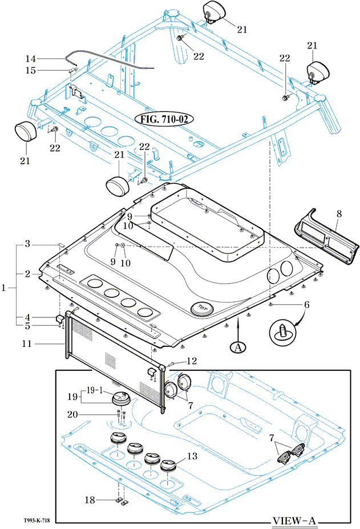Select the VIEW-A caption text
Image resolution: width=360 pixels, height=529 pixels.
[294, 520]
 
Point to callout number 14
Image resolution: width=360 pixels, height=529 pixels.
[30, 58]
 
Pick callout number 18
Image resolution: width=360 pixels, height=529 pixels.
[89, 500]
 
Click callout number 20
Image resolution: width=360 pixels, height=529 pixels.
[88, 415]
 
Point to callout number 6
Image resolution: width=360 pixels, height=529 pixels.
[306, 305]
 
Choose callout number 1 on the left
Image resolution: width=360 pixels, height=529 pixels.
[5, 288]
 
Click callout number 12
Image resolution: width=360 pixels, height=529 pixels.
[192, 361]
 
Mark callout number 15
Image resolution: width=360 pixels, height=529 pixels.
[30, 70]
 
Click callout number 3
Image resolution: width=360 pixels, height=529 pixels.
[27, 244]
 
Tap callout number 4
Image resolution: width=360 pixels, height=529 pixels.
[27, 317]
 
